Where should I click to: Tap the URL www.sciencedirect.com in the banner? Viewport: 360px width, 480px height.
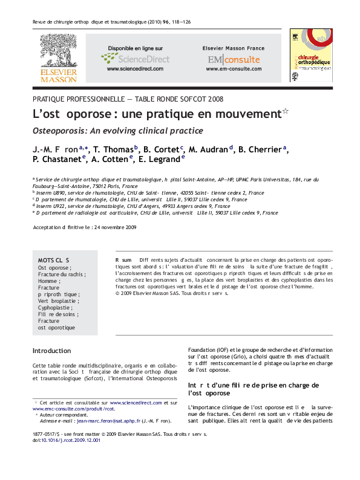pyautogui.click(x=135, y=69)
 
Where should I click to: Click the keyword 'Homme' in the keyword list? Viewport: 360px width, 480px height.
pyautogui.click(x=48, y=281)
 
